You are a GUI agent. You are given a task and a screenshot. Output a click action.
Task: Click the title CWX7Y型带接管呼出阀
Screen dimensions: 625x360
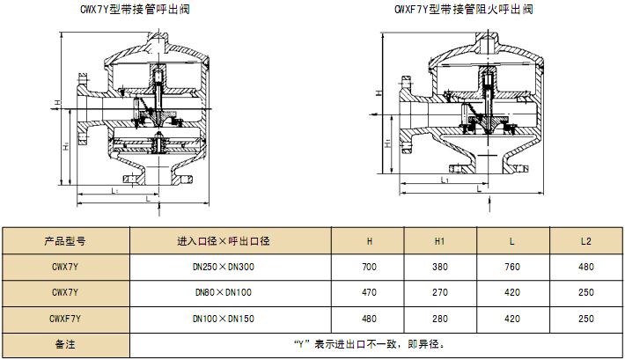tap(135, 9)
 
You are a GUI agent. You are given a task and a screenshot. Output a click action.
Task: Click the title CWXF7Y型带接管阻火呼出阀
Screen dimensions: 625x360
tap(464, 9)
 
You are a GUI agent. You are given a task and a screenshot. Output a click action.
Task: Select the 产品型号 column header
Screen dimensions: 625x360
tap(65, 241)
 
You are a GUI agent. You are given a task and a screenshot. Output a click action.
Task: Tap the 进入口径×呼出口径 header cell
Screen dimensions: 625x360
tap(224, 241)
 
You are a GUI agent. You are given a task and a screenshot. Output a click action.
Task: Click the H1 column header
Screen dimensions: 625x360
tap(439, 241)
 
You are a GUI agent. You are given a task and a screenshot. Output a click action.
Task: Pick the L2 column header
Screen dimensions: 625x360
tap(586, 241)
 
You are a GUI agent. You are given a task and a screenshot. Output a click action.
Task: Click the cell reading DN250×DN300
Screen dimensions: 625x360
tap(224, 267)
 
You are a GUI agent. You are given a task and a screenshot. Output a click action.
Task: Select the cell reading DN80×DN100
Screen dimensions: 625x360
tap(224, 292)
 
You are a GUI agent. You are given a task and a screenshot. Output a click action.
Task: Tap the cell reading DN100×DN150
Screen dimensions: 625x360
tap(224, 319)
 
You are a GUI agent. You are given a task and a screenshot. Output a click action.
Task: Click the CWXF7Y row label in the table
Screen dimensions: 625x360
tap(65, 319)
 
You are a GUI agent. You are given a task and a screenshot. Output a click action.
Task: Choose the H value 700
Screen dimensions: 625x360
tap(369, 267)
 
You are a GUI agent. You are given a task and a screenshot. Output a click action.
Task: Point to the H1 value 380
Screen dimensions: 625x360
tap(440, 267)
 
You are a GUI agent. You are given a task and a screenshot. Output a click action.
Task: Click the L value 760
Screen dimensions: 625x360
tap(512, 267)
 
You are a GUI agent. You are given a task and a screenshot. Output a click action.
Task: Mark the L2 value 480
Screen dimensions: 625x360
tap(586, 267)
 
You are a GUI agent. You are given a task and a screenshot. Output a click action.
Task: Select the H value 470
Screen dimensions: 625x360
tap(369, 292)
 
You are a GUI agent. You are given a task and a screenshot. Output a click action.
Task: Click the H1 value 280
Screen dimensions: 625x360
tap(440, 319)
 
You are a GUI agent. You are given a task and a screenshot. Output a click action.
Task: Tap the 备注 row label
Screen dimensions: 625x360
tap(65, 344)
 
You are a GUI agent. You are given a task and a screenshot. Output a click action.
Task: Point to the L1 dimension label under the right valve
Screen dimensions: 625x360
tap(445, 180)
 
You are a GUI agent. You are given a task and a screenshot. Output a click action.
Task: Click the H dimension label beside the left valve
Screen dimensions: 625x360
tap(58, 103)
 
